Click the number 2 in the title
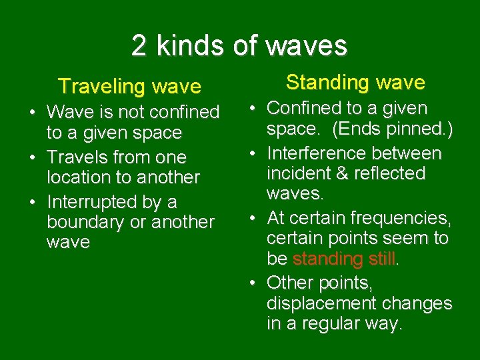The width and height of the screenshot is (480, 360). click(139, 45)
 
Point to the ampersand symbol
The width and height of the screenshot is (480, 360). click(345, 173)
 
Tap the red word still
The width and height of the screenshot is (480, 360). click(381, 259)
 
